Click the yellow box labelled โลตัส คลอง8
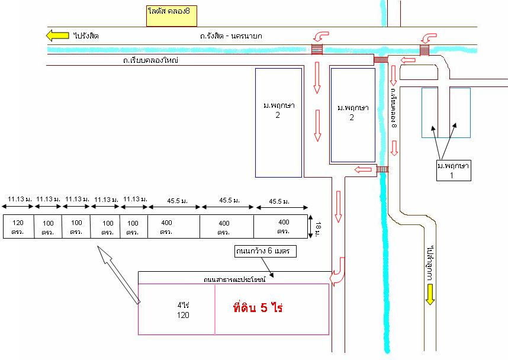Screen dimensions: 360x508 172,16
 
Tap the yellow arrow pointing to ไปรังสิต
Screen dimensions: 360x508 57,36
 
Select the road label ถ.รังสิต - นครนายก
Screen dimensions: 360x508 230,36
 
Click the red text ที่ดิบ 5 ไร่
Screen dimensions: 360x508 259,308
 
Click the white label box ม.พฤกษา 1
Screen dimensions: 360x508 452,170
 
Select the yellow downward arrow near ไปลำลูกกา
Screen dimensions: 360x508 430,294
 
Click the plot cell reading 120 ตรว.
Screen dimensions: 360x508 18,226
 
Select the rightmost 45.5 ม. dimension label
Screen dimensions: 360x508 279,201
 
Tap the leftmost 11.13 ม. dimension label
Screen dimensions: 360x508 20,200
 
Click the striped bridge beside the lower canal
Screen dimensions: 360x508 382,170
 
